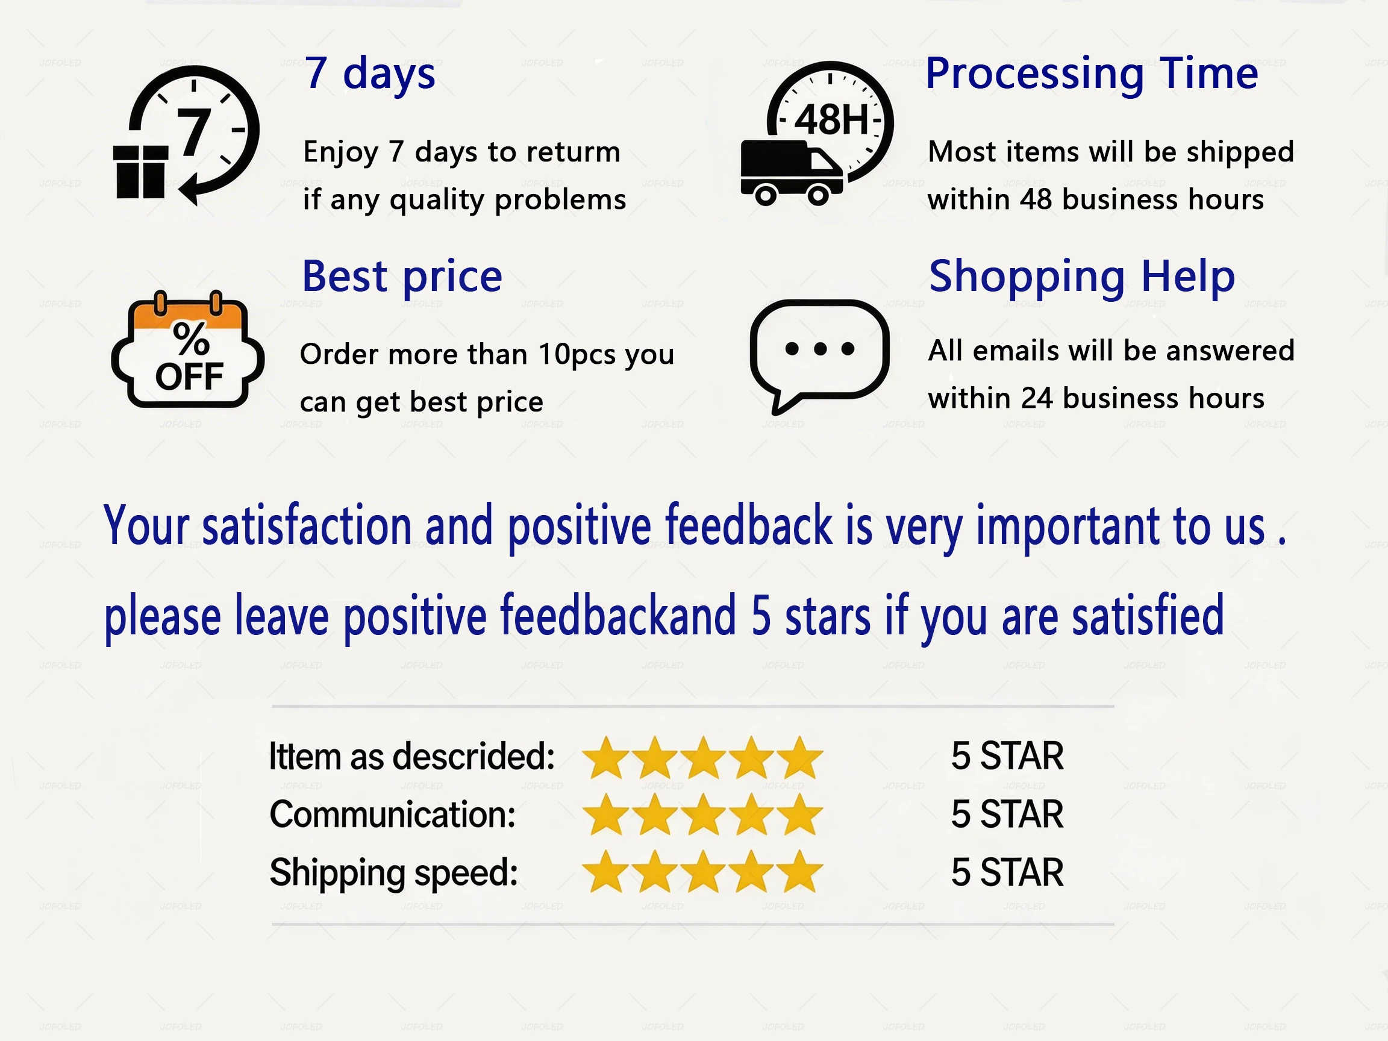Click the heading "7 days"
[x=369, y=75]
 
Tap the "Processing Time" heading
[x=1092, y=75]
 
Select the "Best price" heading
[x=402, y=277]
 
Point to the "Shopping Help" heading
[x=1082, y=277]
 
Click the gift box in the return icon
[x=140, y=171]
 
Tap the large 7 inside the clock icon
[x=194, y=132]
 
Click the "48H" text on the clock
[x=832, y=120]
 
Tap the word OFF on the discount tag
[x=189, y=377]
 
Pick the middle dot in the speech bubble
[x=819, y=349]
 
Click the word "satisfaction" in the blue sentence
[x=307, y=525]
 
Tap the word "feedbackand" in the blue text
[x=618, y=616]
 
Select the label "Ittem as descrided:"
[x=411, y=757]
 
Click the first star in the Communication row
[x=606, y=814]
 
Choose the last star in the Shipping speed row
[x=799, y=872]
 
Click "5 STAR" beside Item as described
[x=1007, y=756]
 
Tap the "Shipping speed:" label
[x=393, y=874]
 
